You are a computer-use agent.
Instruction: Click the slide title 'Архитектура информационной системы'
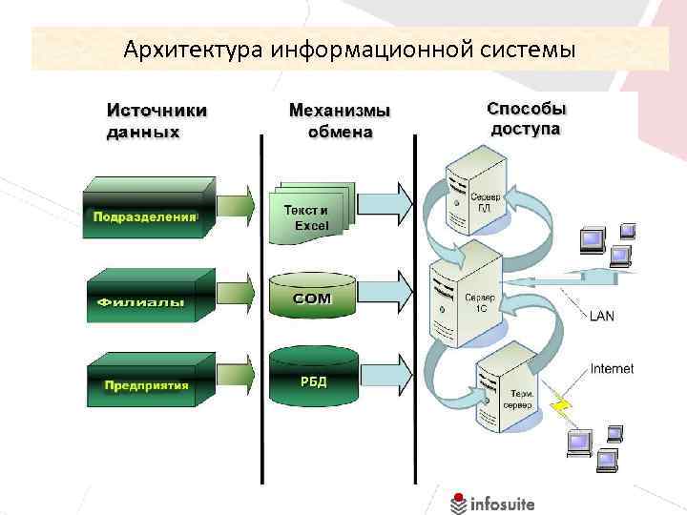(349, 48)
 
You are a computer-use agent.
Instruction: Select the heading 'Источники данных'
(156, 121)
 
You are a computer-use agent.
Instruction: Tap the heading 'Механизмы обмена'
(340, 121)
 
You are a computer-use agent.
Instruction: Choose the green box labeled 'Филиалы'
(142, 297)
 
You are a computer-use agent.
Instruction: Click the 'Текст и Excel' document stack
(310, 214)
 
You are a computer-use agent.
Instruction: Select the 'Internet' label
(612, 368)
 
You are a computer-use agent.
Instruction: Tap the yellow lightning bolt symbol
(564, 407)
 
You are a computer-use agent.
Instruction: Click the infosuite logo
(493, 502)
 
